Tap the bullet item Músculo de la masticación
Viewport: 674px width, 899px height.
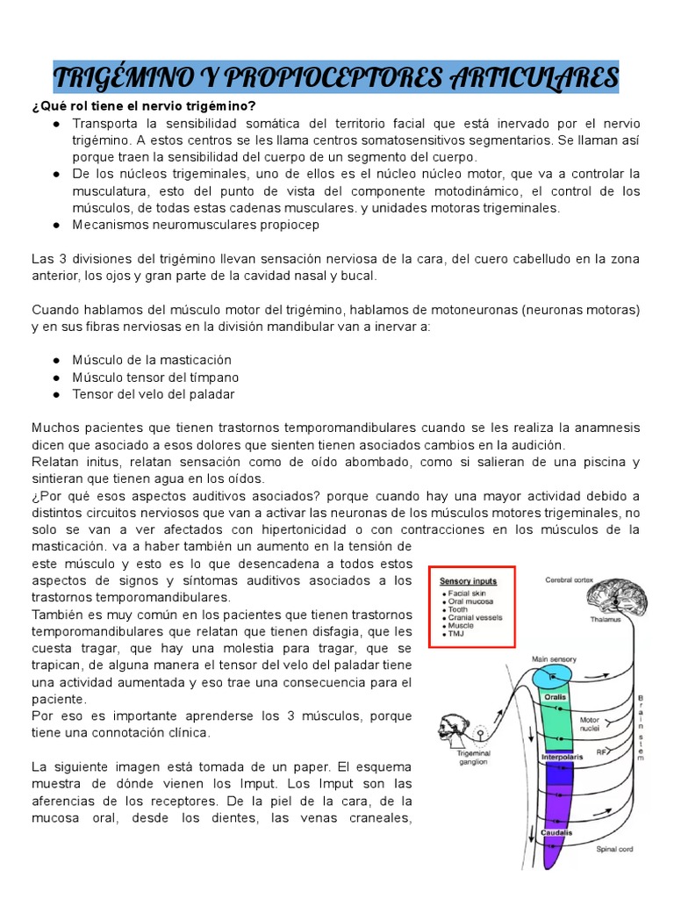click(152, 360)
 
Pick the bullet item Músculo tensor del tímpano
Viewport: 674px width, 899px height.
click(155, 378)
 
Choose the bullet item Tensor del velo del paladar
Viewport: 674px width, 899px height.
click(154, 394)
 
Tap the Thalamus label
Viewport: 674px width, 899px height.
click(606, 619)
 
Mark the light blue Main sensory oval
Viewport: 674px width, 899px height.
click(550, 674)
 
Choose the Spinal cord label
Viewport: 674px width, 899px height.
click(615, 849)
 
